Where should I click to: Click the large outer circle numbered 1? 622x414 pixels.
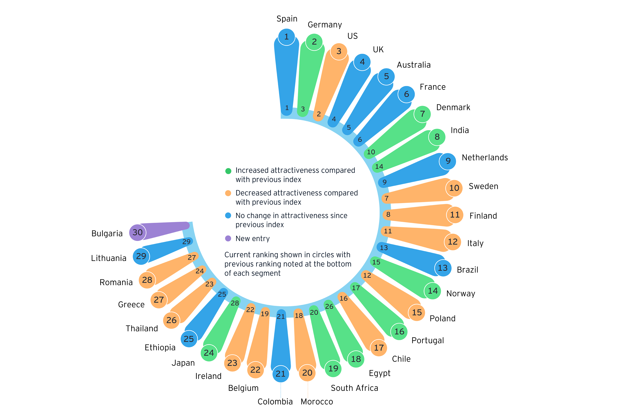click(286, 37)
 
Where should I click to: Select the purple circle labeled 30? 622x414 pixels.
click(138, 232)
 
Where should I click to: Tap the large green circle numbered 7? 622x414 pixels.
click(422, 114)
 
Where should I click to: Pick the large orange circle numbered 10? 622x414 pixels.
click(454, 188)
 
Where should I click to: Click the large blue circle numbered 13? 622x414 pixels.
click(443, 268)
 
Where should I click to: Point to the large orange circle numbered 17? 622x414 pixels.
click(379, 348)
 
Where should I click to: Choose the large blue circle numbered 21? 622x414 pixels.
click(280, 374)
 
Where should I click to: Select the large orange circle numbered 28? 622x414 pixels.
click(147, 280)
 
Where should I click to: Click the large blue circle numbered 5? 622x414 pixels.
click(386, 76)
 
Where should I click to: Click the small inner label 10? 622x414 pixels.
click(371, 152)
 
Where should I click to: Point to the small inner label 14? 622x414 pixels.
click(379, 167)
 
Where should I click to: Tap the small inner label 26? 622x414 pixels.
click(329, 307)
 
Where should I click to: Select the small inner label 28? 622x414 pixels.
click(235, 303)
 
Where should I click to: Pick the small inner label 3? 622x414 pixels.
click(303, 109)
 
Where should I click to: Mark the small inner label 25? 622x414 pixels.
click(222, 294)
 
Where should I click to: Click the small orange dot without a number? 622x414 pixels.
click(228, 193)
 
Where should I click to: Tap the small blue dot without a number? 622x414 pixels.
click(228, 215)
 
